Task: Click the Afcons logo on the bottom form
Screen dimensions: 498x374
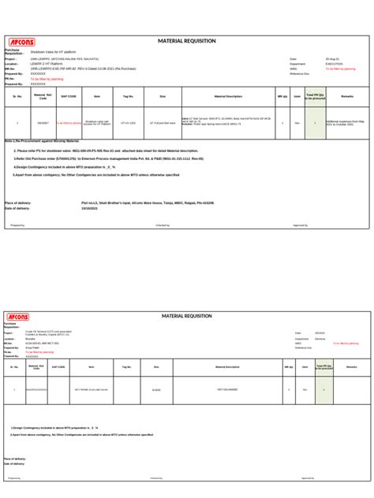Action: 17,317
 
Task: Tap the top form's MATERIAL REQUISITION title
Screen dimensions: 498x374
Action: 188,40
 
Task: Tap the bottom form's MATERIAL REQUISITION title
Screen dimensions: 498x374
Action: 188,316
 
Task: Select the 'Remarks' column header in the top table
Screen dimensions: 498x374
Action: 347,96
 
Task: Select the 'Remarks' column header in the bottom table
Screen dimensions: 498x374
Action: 351,367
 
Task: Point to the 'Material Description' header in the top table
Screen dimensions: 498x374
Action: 228,96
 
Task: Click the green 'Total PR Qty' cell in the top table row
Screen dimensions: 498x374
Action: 315,123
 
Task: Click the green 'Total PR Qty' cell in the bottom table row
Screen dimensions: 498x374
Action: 323,389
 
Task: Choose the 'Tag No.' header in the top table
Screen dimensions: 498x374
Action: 129,96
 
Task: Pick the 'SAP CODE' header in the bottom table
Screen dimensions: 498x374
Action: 59,367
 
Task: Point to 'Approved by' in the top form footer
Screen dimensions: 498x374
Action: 301,225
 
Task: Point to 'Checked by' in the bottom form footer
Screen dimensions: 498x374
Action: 156,478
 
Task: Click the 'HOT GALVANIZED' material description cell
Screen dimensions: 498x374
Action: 226,389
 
